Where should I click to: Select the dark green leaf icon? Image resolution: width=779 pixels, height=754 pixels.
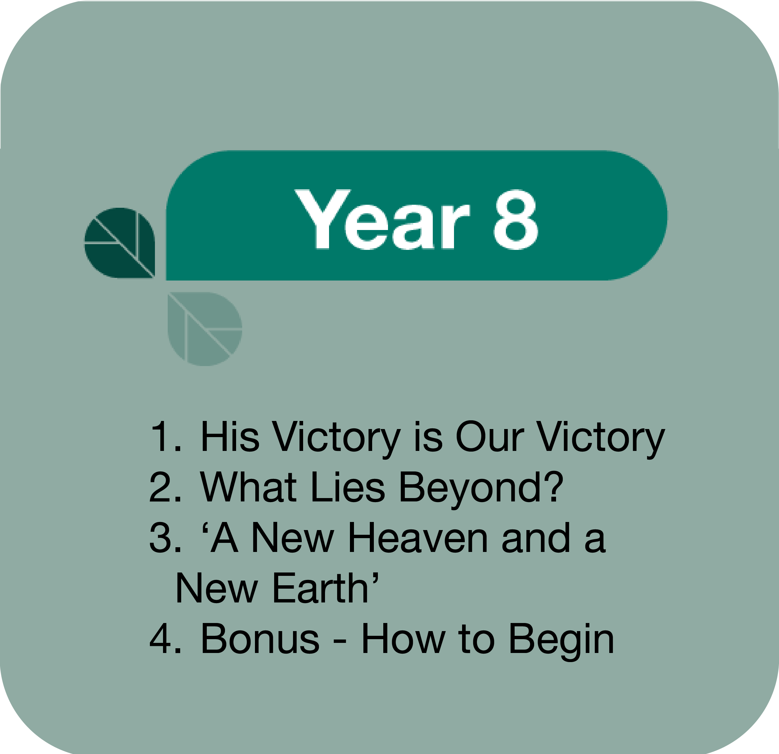120,243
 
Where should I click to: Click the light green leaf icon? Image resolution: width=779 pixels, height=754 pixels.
205,329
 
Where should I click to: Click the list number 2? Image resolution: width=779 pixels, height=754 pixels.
165,487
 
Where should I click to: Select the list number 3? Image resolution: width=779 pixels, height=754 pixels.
165,537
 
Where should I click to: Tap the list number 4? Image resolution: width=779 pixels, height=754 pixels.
165,638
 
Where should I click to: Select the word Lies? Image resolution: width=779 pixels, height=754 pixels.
348,487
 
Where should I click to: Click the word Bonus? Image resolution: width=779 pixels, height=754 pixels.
260,638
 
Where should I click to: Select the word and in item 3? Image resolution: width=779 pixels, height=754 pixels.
536,537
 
